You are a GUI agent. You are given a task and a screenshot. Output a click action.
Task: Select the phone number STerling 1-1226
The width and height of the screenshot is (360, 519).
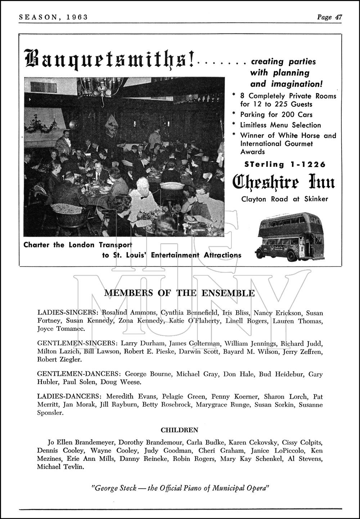coord(285,164)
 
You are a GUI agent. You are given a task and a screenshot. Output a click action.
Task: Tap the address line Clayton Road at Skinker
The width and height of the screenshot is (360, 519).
coord(284,199)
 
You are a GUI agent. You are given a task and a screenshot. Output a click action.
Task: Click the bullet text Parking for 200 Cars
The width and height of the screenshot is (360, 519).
coord(276,115)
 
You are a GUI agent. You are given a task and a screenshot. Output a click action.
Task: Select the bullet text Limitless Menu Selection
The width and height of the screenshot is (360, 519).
coord(280,125)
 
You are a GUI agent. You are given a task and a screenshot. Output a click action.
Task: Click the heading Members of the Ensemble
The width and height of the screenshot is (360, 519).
coord(179,293)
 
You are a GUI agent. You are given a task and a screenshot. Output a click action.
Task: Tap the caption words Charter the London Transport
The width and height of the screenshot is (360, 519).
coord(77,245)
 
